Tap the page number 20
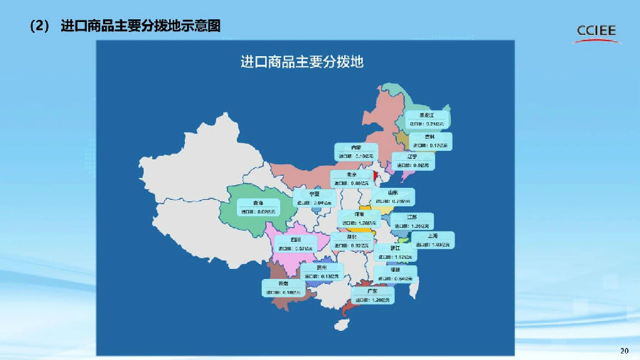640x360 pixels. (x=625, y=351)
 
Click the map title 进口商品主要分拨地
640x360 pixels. (x=302, y=61)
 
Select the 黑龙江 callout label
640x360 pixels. (x=426, y=118)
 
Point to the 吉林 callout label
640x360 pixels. (x=431, y=140)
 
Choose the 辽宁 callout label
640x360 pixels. (x=412, y=160)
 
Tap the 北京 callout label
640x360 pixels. (x=351, y=178)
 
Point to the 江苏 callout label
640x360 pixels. (x=412, y=221)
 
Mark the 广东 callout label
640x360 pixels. (x=372, y=295)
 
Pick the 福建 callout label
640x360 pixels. (x=395, y=274)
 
